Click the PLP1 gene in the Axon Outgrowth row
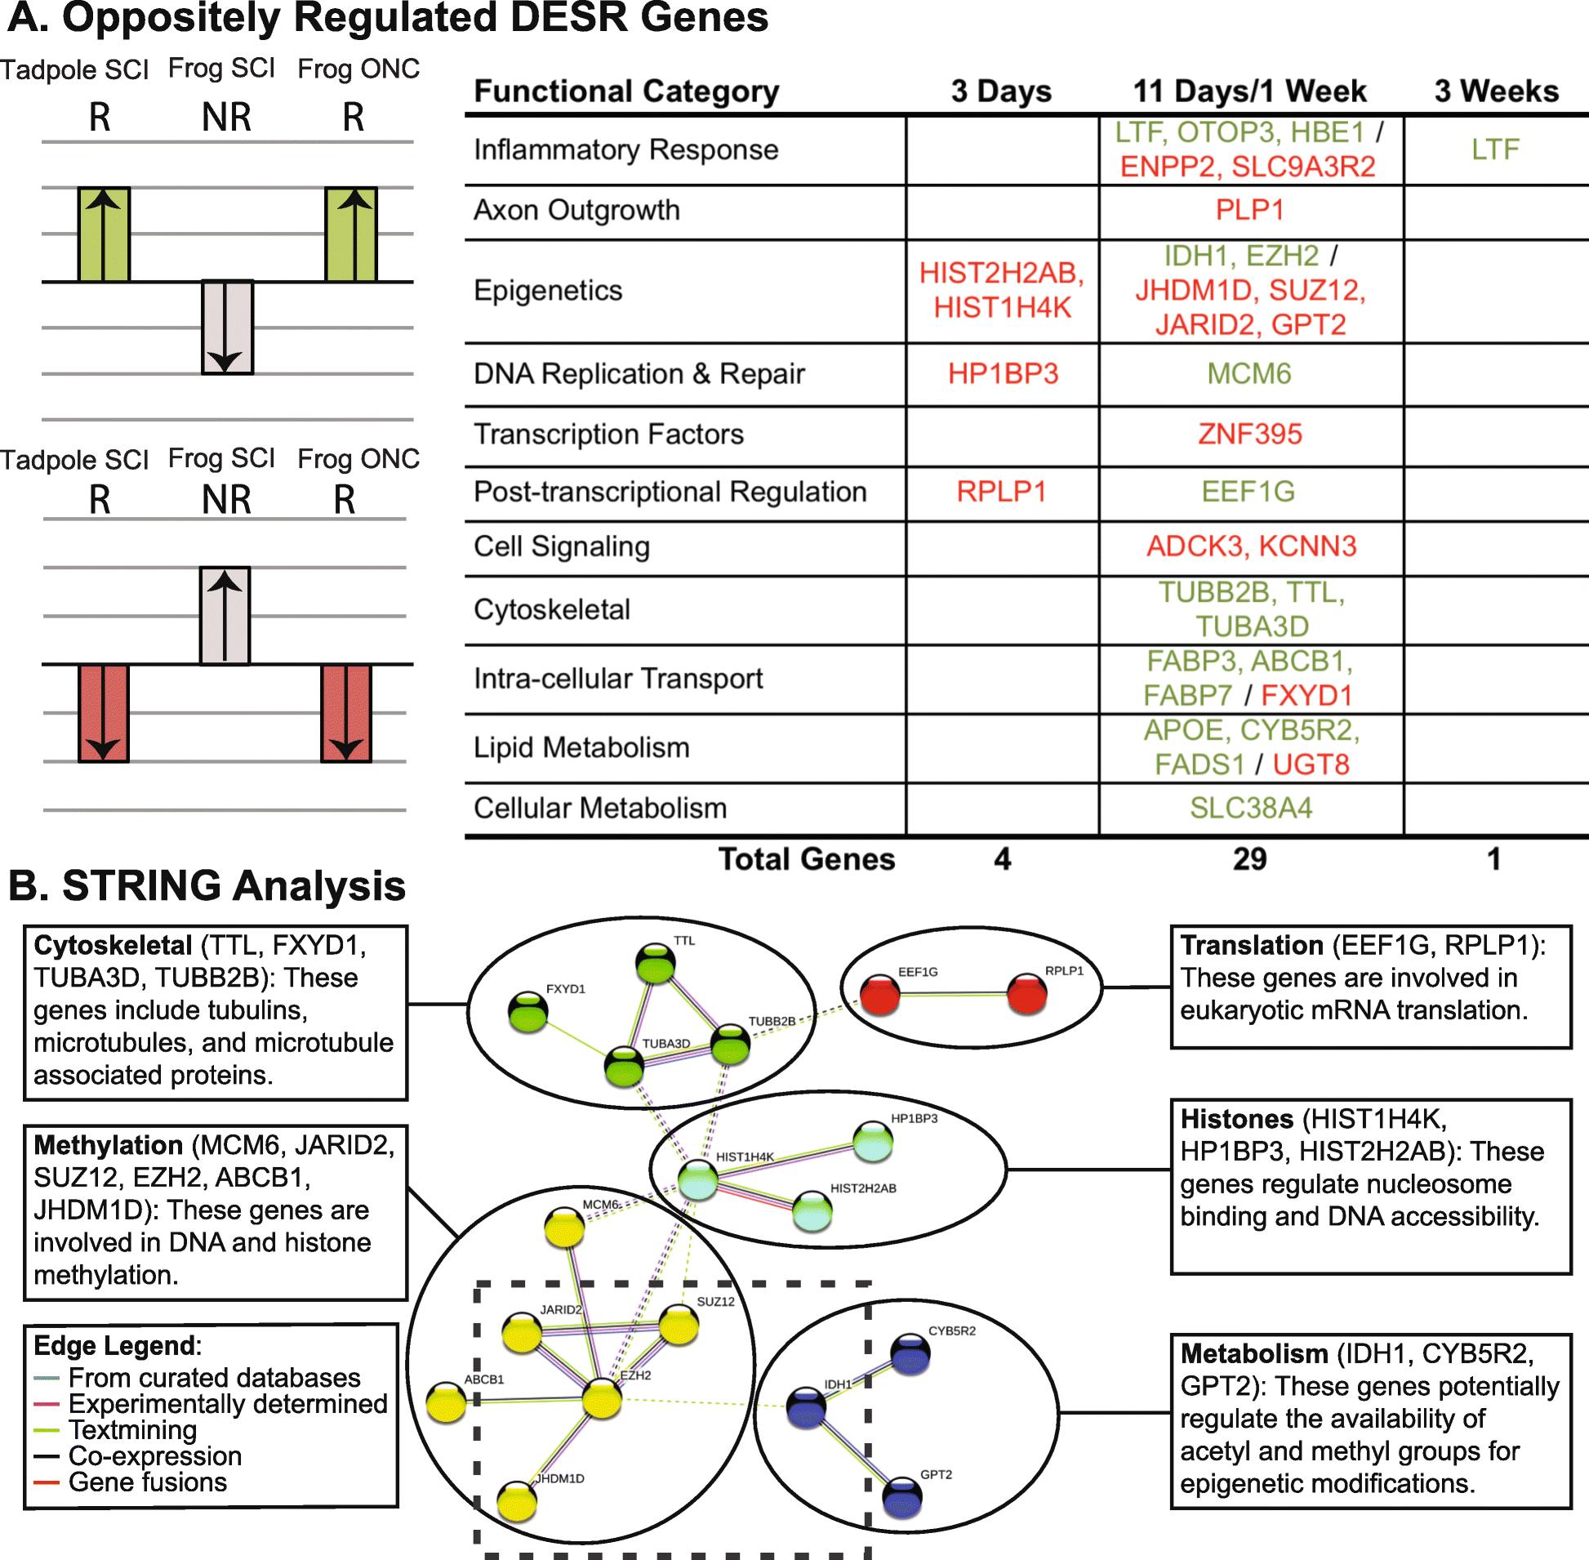pos(1249,210)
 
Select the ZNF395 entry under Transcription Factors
pos(1249,434)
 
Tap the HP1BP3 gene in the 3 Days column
pos(1003,373)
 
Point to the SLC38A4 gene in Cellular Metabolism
pos(1251,808)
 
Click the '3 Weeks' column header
pos(1496,91)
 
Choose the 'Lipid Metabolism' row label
pos(581,747)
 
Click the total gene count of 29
pos(1249,858)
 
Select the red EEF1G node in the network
pos(879,995)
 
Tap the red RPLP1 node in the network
pos(1026,993)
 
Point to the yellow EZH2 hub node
pos(602,1398)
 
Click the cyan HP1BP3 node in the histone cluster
pos(872,1141)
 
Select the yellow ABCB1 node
pos(447,1402)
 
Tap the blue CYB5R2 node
pos(910,1353)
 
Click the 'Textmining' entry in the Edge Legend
pos(133,1429)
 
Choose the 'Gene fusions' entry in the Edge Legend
pos(148,1482)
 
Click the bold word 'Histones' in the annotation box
pos(1236,1119)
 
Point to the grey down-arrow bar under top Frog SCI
pos(227,328)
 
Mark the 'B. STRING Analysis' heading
pos(207,885)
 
